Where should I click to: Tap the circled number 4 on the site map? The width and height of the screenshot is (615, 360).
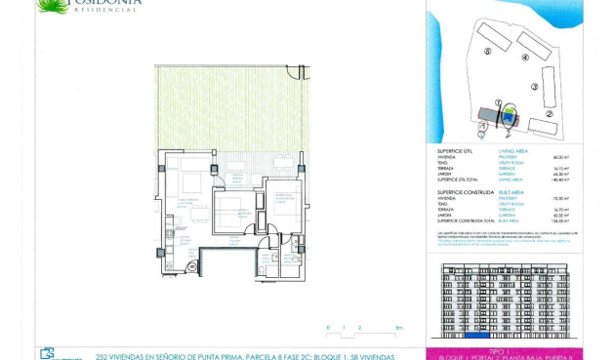point(525,58)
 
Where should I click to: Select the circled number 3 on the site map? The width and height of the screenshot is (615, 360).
point(536,86)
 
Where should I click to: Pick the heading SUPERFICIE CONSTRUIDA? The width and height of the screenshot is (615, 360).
point(464,191)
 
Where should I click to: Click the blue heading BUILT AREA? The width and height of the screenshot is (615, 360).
point(512,191)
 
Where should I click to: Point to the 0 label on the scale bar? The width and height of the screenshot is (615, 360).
point(329,328)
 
